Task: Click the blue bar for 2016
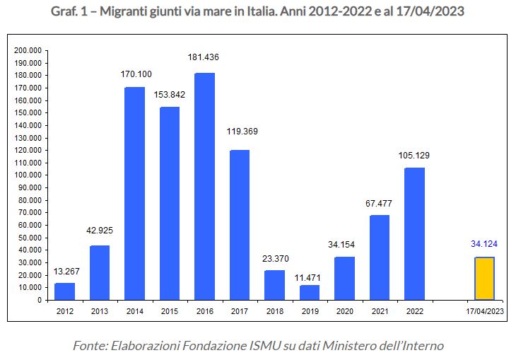[204, 186]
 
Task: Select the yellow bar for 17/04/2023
[484, 278]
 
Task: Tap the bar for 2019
[310, 292]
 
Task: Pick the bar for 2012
[64, 291]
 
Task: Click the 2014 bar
[134, 193]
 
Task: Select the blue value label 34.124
[484, 244]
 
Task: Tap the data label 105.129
[414, 155]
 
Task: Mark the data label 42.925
[100, 231]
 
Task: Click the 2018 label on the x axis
[274, 310]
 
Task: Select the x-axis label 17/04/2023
[485, 310]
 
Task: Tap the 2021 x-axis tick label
[380, 310]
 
